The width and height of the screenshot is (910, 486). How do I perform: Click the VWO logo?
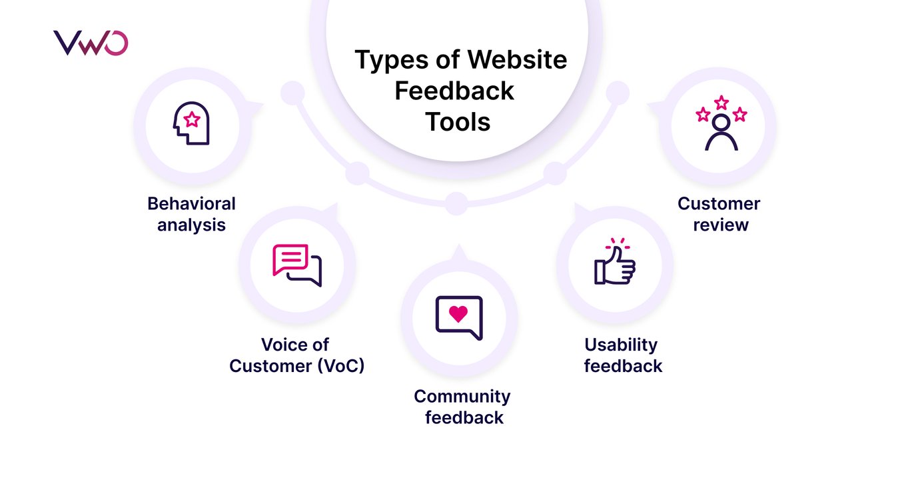[91, 43]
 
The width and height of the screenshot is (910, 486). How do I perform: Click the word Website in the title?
[517, 60]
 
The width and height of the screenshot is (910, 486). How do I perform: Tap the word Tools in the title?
[458, 121]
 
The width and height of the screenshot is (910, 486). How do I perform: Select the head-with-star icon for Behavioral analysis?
[191, 123]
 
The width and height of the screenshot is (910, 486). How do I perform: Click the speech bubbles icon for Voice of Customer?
[297, 264]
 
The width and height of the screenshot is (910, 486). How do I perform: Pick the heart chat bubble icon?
[458, 317]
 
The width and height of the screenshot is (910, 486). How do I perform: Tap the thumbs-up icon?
[615, 263]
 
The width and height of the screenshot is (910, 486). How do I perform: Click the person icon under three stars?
[721, 132]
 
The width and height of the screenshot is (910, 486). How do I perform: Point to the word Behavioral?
[191, 203]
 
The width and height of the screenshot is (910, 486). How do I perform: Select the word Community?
[462, 397]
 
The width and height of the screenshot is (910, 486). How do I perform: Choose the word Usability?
[621, 345]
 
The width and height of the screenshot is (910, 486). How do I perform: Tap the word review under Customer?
[721, 225]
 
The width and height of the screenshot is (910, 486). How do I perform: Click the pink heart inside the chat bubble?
[458, 313]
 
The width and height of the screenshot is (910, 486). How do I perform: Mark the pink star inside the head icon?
[192, 120]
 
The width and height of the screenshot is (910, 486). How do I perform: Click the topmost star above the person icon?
[721, 102]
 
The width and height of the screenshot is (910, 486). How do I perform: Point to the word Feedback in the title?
[454, 91]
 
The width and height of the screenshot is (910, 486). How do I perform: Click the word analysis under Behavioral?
[191, 225]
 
